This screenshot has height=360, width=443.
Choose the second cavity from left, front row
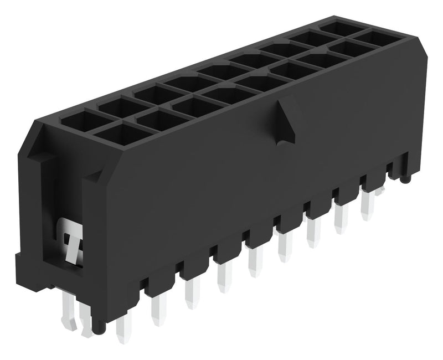(152, 120)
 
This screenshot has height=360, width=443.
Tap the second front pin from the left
(158, 310)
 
